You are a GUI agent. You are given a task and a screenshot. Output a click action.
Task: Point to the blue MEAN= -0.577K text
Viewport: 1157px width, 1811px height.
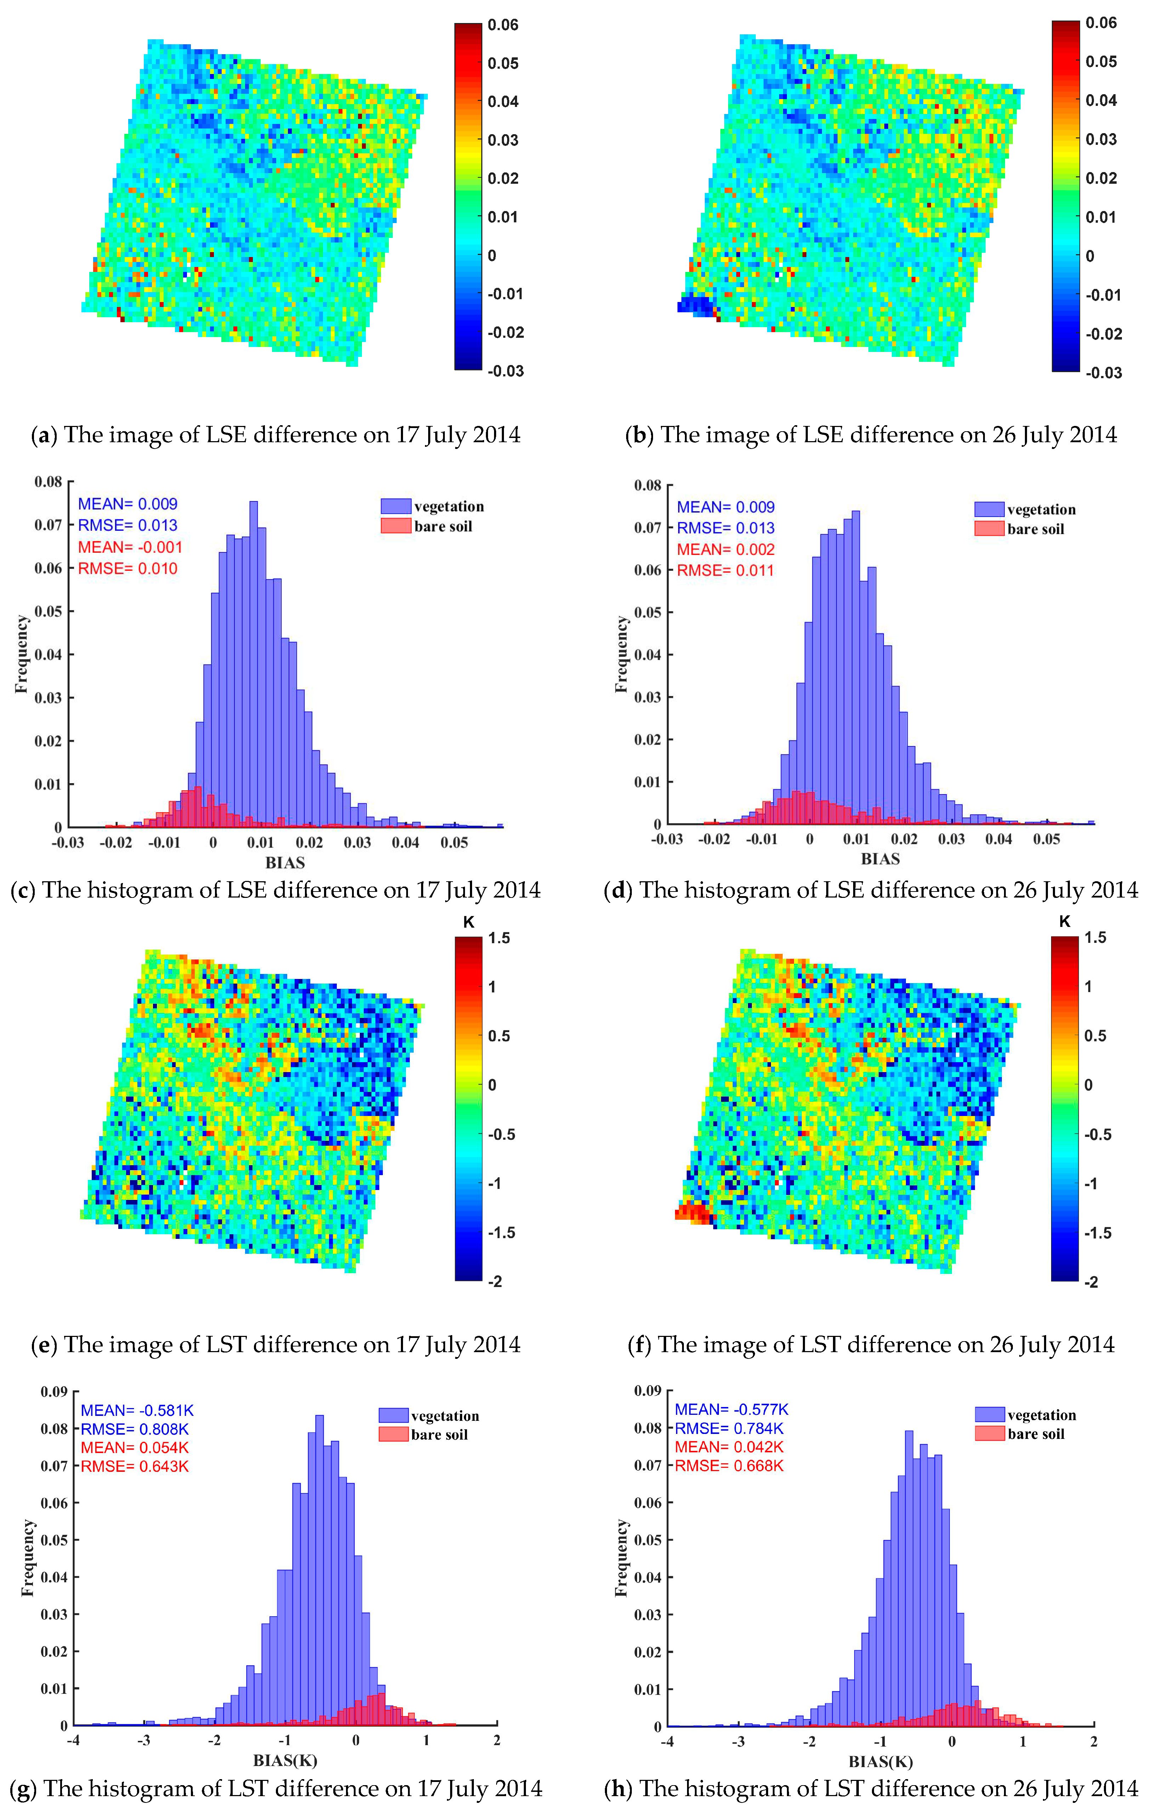pyautogui.click(x=731, y=1409)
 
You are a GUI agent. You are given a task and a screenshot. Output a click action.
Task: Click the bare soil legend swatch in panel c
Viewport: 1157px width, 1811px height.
pyautogui.click(x=396, y=526)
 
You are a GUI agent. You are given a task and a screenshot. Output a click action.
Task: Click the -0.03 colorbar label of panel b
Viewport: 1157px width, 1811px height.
pyautogui.click(x=1103, y=372)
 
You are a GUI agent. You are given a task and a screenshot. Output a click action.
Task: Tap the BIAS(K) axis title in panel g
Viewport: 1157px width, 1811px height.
pyautogui.click(x=285, y=1761)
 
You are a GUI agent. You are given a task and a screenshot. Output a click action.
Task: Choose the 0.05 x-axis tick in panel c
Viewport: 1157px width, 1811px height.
pyautogui.click(x=454, y=842)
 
